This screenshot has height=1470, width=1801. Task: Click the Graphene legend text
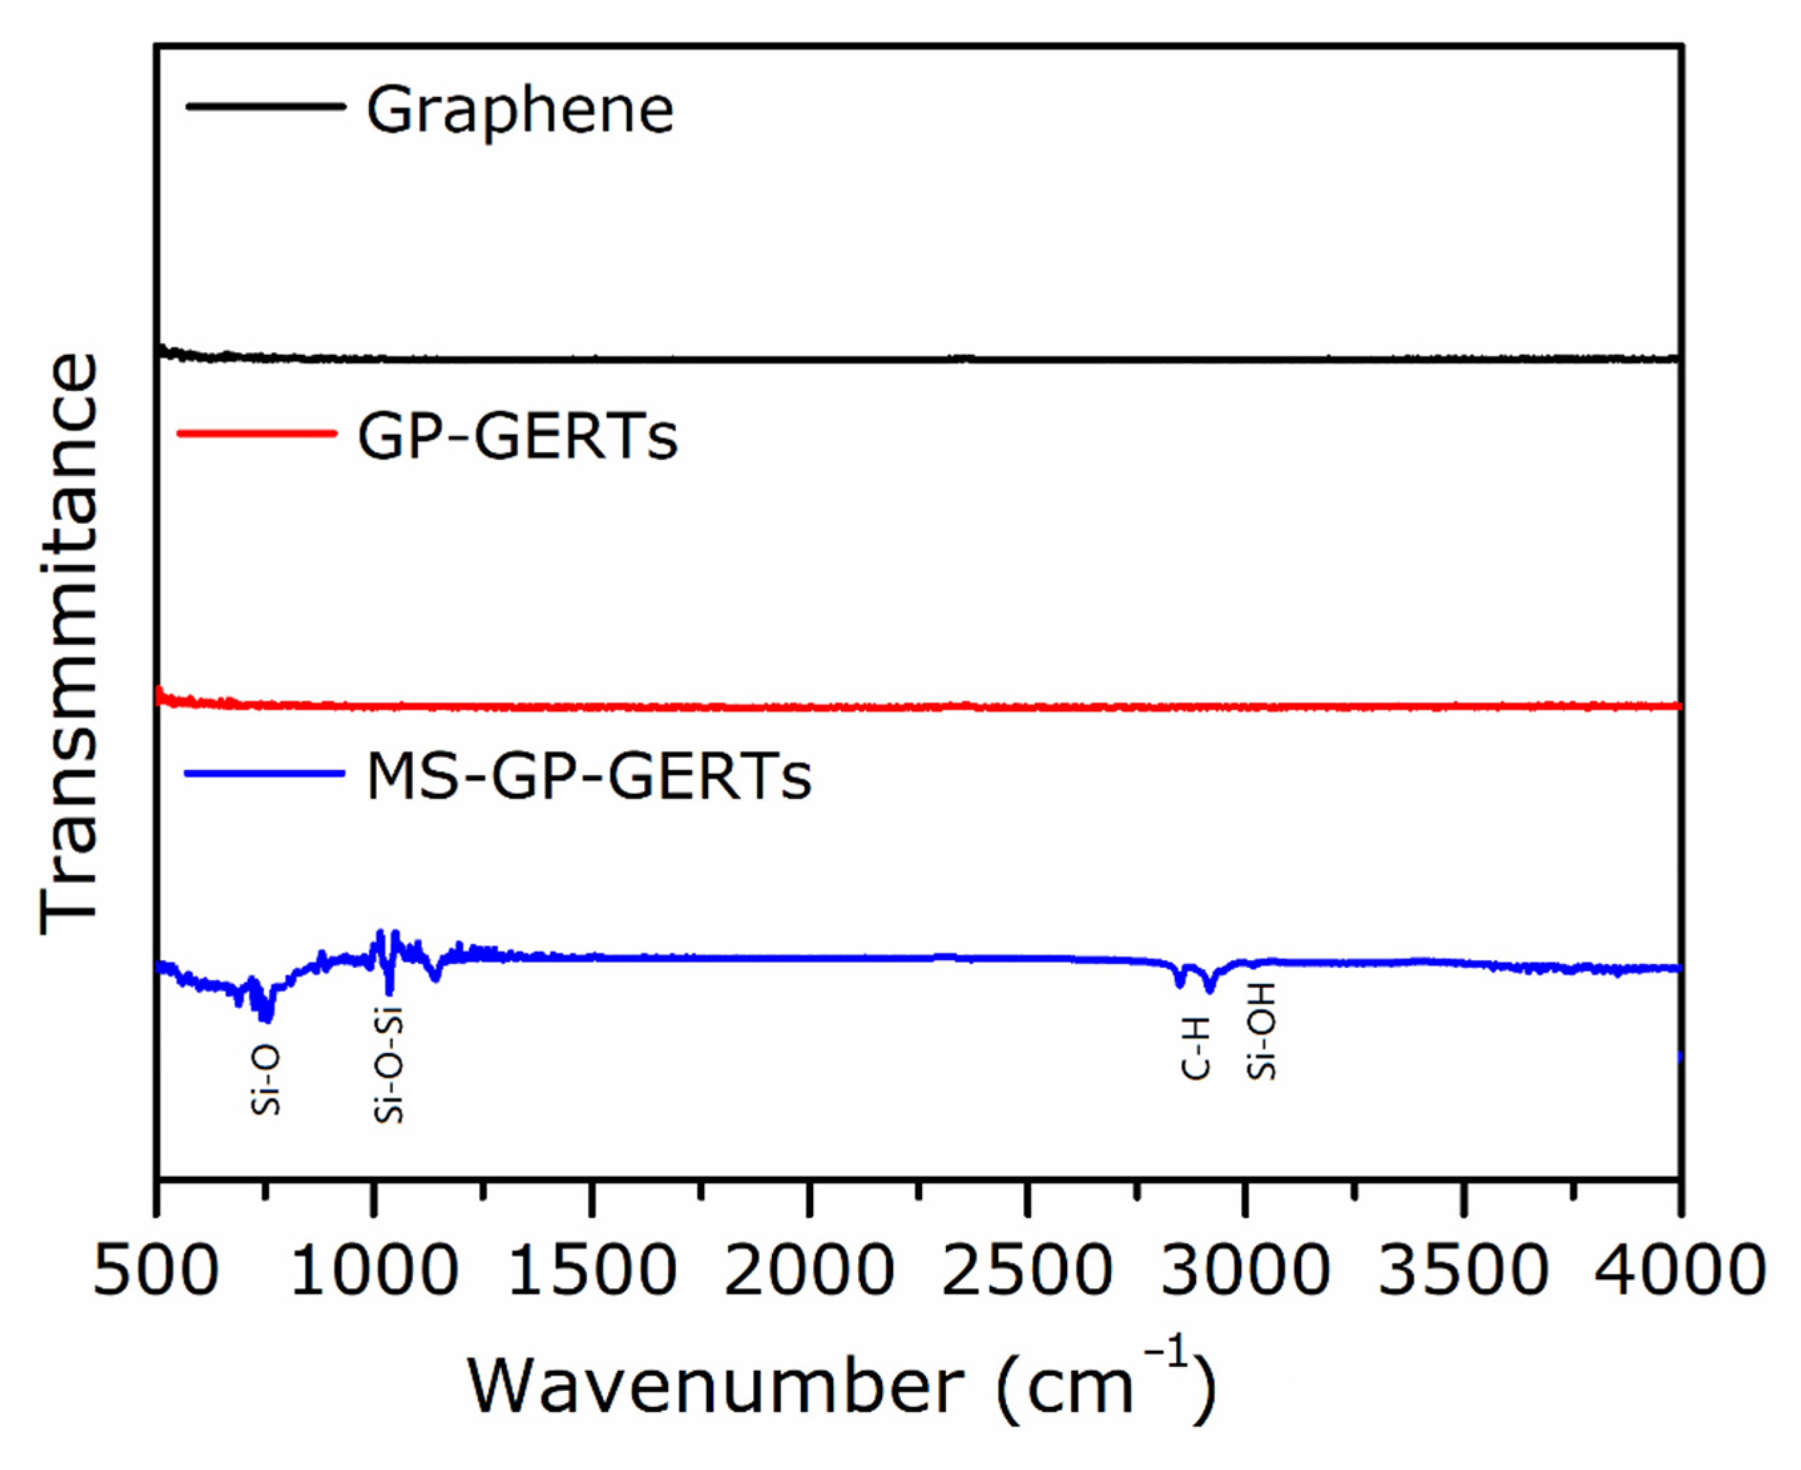[x=519, y=111]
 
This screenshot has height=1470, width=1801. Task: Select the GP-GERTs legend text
[x=517, y=437]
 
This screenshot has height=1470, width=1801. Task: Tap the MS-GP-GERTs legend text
[x=588, y=777]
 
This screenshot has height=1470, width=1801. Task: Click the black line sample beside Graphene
[x=265, y=106]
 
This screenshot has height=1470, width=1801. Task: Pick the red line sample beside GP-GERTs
[x=257, y=433]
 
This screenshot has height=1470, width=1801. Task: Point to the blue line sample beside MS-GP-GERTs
[x=264, y=773]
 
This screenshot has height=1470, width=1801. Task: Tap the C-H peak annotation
[x=1197, y=1049]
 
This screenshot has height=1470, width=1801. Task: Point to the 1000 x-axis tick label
[x=374, y=1271]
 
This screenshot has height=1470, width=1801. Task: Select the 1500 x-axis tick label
[x=592, y=1271]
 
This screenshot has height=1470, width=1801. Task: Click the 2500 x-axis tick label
[x=1027, y=1271]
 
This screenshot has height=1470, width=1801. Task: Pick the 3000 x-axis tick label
[x=1245, y=1271]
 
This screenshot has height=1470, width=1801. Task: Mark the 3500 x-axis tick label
[x=1463, y=1271]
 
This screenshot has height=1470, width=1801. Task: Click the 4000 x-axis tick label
[x=1680, y=1271]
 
